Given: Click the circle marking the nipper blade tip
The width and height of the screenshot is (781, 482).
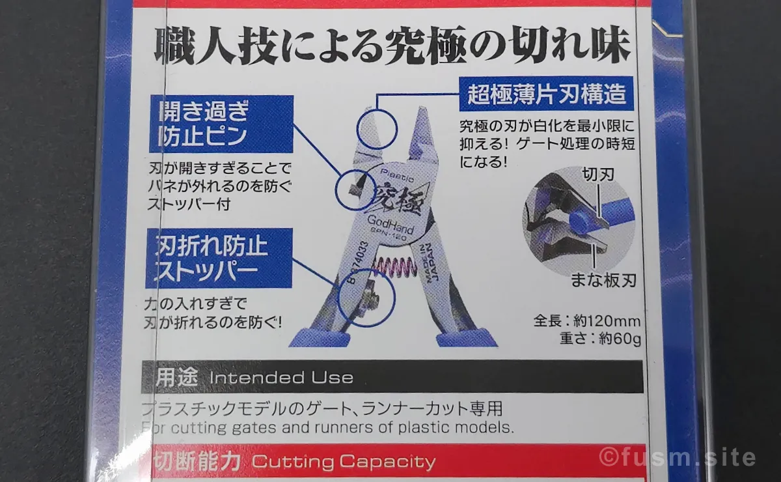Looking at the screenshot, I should pyautogui.click(x=376, y=128).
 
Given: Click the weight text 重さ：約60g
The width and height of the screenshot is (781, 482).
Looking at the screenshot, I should pyautogui.click(x=600, y=339).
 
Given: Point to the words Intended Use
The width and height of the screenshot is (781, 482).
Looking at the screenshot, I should pyautogui.click(x=281, y=378).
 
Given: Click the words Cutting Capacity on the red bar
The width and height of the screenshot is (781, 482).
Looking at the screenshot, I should pyautogui.click(x=343, y=462).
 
